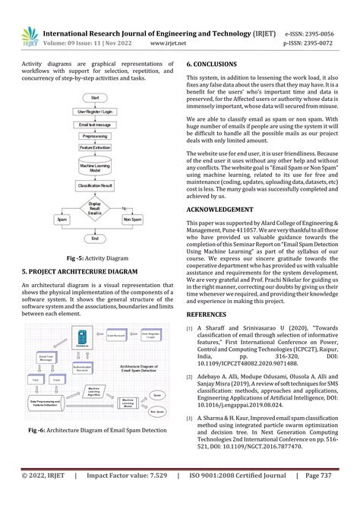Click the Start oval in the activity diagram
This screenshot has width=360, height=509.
coord(95,99)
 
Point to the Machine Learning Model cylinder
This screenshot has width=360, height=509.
coord(95,167)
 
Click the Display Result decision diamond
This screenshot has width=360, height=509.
coord(95,207)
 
